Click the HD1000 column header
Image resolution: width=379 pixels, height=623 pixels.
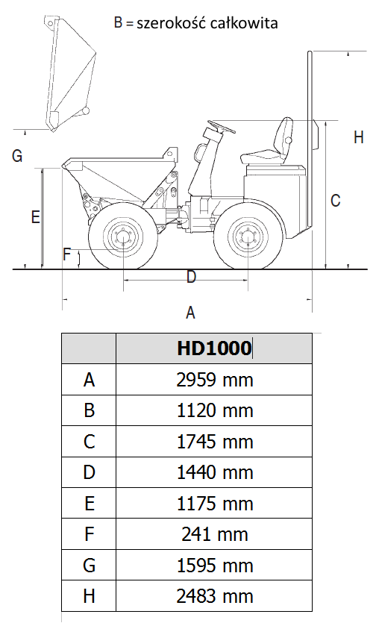coord(214,348)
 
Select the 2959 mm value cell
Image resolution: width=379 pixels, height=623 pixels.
coord(215,380)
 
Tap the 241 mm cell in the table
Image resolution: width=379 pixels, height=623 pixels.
coord(215,534)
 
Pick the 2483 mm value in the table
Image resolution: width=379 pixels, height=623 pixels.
coord(215,596)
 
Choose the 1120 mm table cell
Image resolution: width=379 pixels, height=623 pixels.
coord(215,410)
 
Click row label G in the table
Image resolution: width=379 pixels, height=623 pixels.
coord(89,566)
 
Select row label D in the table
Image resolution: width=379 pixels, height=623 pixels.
coord(89,472)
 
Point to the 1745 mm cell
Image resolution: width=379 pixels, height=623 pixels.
coord(215,442)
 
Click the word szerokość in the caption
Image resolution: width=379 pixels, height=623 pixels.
coord(172,23)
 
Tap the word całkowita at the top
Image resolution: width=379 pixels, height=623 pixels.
coord(243,23)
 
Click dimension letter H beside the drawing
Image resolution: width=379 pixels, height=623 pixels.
coord(358,137)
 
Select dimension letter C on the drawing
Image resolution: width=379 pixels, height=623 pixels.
coord(335,201)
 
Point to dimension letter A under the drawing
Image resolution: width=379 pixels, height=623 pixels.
coord(190,313)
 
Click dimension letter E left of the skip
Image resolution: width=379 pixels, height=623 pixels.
coord(35,217)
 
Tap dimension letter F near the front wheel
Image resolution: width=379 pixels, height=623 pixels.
coord(66,254)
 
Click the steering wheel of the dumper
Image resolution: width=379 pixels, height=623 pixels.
coord(222,126)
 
